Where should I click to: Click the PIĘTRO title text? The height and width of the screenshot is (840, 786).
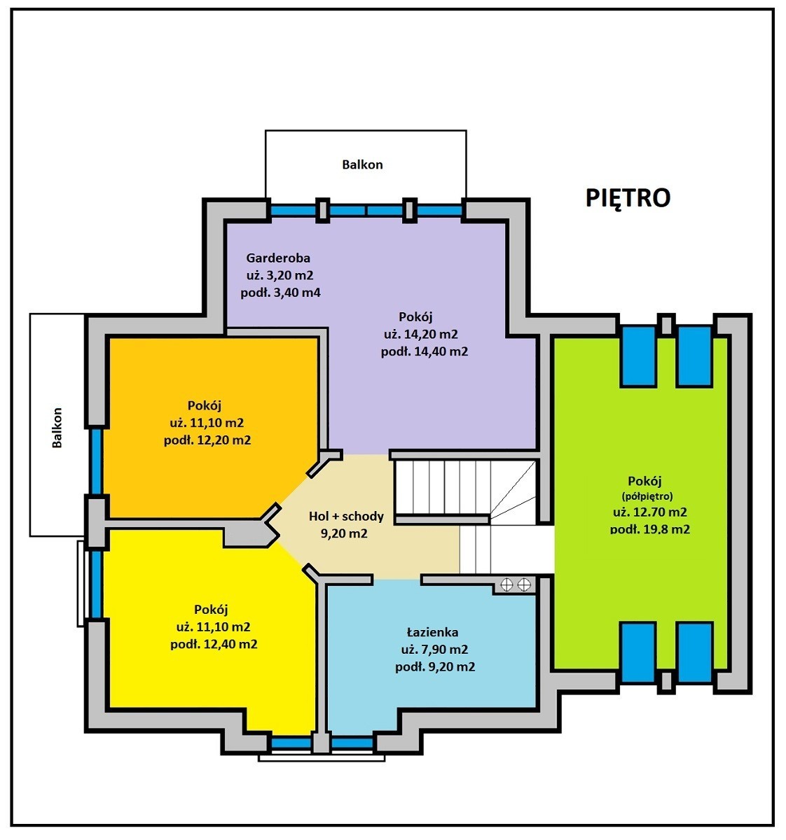click(628, 198)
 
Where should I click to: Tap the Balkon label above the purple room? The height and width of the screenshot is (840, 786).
click(362, 164)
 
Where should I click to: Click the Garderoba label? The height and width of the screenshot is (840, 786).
click(278, 258)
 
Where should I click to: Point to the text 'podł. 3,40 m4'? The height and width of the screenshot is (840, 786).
click(280, 293)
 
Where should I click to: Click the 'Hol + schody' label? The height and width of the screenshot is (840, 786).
click(346, 516)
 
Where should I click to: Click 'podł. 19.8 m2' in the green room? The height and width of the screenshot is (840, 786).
click(650, 528)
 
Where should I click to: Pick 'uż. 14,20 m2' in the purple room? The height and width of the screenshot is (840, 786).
click(421, 334)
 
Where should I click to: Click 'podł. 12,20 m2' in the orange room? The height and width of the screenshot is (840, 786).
click(207, 440)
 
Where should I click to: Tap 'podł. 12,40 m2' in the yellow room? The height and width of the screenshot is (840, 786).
click(214, 644)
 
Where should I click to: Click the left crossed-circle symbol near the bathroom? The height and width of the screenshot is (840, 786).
click(506, 584)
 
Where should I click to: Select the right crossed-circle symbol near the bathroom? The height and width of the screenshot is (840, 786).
click(524, 584)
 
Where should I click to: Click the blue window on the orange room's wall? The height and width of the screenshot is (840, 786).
click(96, 461)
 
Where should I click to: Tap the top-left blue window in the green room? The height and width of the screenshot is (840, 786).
click(637, 356)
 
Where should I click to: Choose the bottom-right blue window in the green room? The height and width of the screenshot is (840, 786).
click(694, 652)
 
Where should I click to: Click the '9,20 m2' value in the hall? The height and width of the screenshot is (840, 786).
click(344, 534)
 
